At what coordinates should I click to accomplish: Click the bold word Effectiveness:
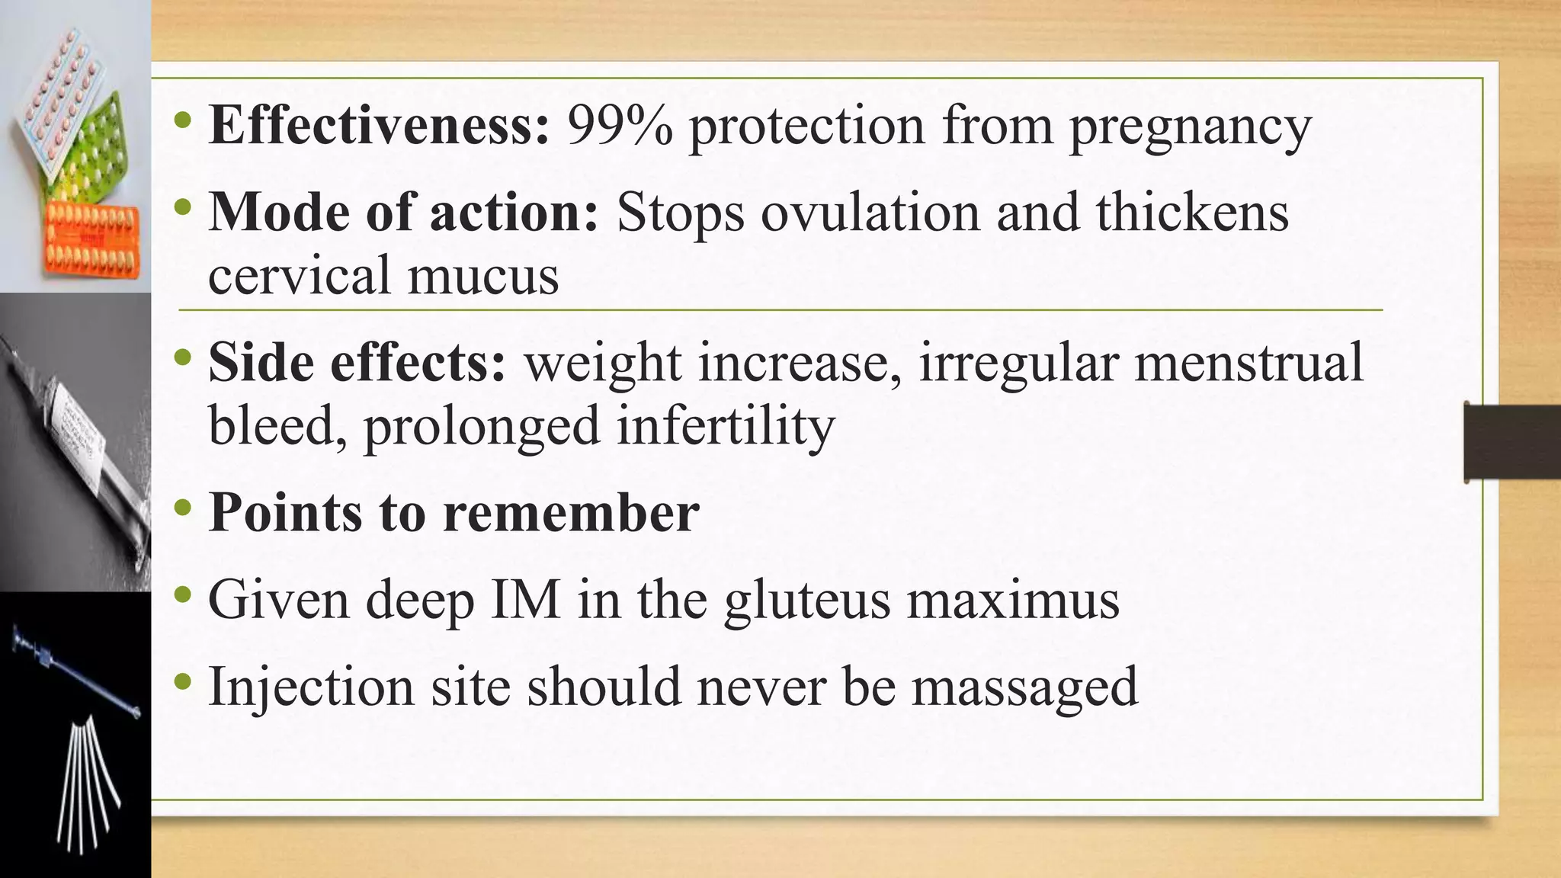pos(379,125)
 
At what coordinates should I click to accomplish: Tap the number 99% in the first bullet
pos(620,125)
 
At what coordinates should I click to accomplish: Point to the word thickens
pos(1192,212)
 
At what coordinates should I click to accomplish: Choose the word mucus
pos(482,276)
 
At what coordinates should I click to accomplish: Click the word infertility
pos(726,427)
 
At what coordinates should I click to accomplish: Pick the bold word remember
pos(571,512)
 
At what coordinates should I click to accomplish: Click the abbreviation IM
pos(526,600)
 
